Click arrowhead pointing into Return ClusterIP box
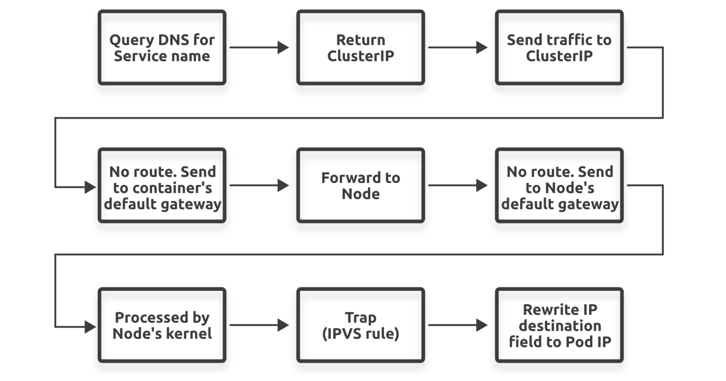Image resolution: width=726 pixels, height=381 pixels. (x=283, y=48)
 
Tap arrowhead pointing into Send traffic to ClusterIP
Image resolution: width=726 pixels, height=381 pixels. (x=481, y=48)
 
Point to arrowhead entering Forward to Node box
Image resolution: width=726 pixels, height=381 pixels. (x=283, y=185)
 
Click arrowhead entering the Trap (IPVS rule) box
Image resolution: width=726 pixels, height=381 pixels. (x=283, y=325)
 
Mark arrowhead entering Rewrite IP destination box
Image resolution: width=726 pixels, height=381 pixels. (x=481, y=325)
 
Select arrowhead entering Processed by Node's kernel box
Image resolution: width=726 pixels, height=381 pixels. (x=90, y=327)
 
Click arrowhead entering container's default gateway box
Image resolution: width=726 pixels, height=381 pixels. (x=90, y=187)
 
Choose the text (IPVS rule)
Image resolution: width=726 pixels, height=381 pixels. (x=360, y=333)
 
